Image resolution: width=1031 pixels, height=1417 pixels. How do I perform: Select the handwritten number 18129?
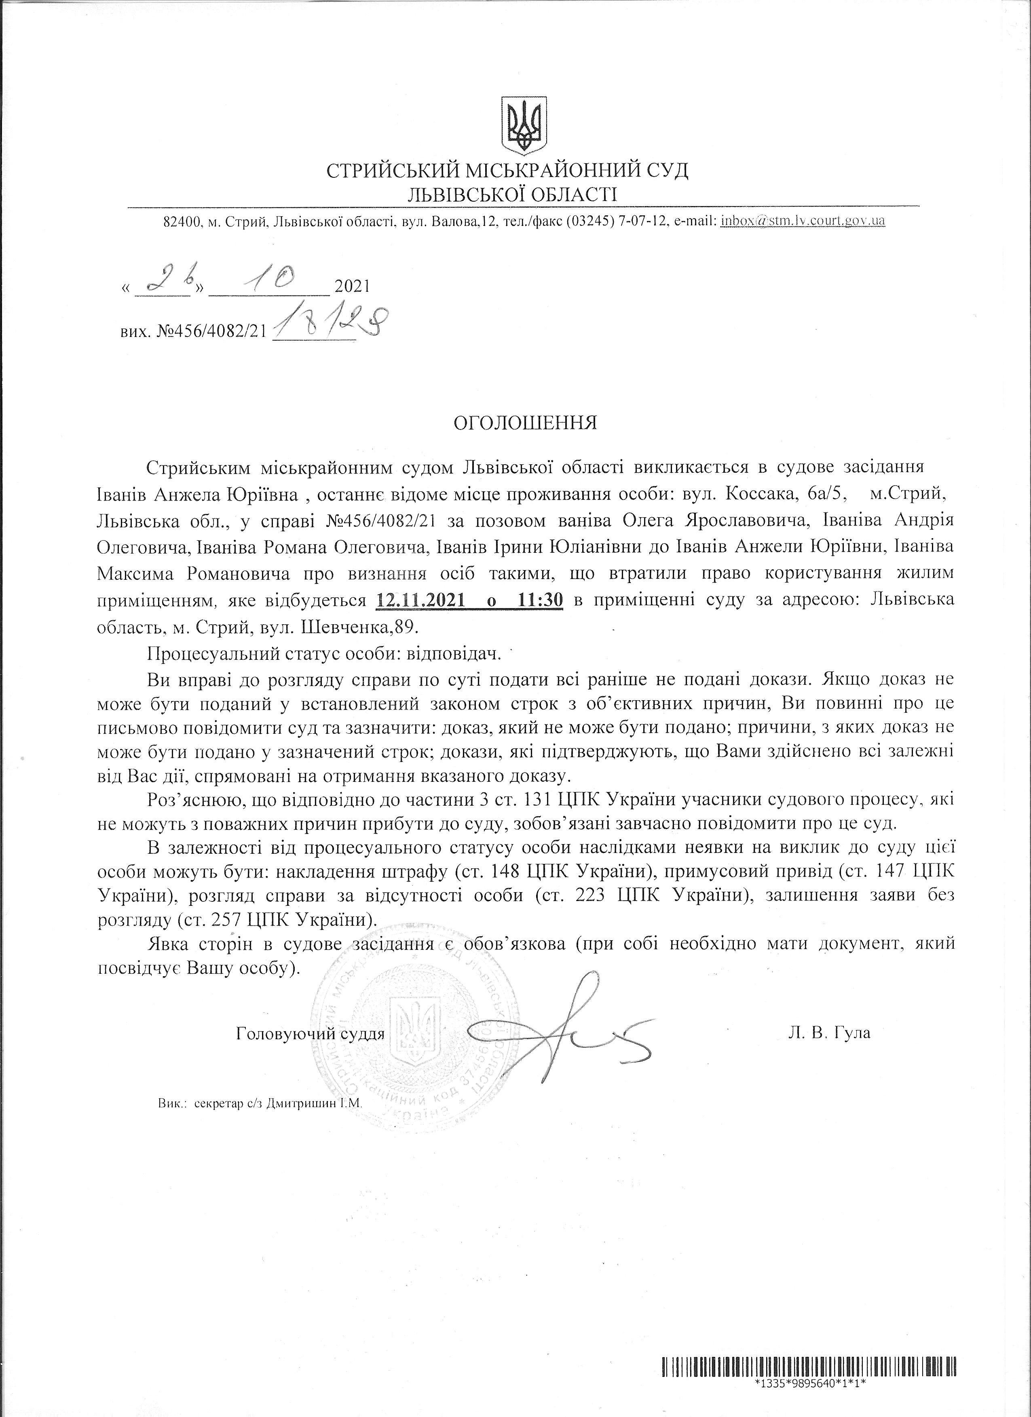[329, 323]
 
